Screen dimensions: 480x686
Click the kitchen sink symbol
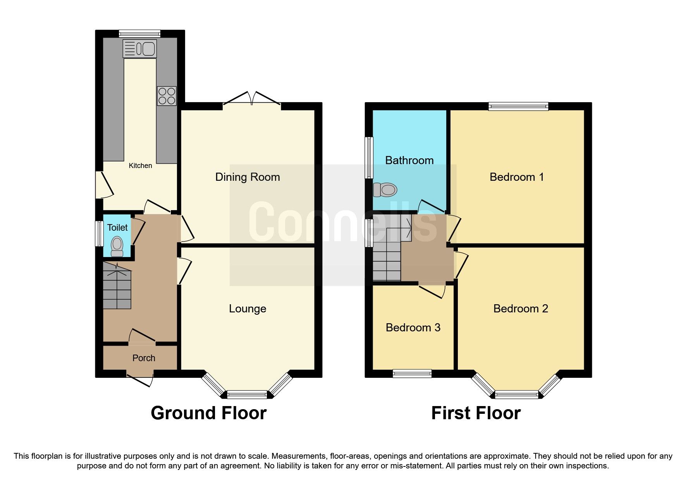click(139, 49)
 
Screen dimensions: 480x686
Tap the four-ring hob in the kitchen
click(167, 96)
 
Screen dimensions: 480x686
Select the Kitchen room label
click(140, 166)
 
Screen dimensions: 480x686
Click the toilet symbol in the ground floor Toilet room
click(117, 247)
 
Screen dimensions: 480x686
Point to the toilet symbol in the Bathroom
click(385, 190)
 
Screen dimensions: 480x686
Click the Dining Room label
click(248, 177)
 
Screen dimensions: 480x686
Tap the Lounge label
click(248, 309)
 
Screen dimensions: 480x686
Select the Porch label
click(144, 358)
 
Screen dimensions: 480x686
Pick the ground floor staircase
click(117, 286)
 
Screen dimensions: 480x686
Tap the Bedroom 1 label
click(516, 177)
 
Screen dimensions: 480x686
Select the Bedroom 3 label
click(413, 328)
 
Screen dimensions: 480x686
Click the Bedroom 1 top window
click(519, 106)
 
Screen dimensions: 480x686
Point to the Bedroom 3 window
click(412, 374)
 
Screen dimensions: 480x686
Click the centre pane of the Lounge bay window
click(247, 395)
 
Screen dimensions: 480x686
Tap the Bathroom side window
click(369, 158)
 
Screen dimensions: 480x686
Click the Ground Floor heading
click(208, 413)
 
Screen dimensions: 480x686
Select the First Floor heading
click(476, 413)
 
